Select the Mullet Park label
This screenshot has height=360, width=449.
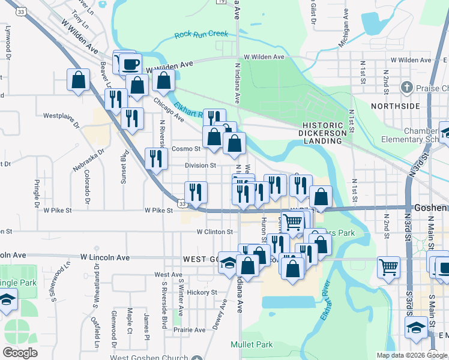tap(252, 344)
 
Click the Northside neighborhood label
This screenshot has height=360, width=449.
tap(395, 106)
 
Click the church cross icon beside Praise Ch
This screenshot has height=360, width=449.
tap(407, 88)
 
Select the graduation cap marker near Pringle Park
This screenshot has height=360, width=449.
tap(7, 299)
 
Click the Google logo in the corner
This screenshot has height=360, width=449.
tap(20, 353)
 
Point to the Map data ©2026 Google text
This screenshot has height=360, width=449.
tap(412, 355)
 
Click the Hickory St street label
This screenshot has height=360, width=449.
tap(201, 292)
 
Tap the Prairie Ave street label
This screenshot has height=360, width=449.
tap(190, 330)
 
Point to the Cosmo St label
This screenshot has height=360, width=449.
tap(185, 149)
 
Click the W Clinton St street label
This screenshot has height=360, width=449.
tap(214, 232)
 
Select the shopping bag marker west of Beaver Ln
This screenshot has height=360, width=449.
tap(79, 80)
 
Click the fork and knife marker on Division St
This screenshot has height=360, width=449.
tap(156, 159)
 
